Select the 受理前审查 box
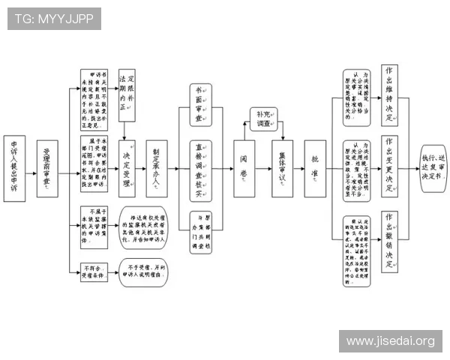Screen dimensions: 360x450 point(47,169)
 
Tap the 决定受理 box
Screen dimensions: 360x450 point(127,168)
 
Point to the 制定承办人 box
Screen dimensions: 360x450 point(157,168)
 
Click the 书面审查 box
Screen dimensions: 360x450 point(199,103)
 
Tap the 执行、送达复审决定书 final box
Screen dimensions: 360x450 point(433,168)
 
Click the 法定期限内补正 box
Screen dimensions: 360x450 point(127,94)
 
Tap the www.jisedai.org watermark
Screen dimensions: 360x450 point(390,341)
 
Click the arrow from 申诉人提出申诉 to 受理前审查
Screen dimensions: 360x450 point(31,169)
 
